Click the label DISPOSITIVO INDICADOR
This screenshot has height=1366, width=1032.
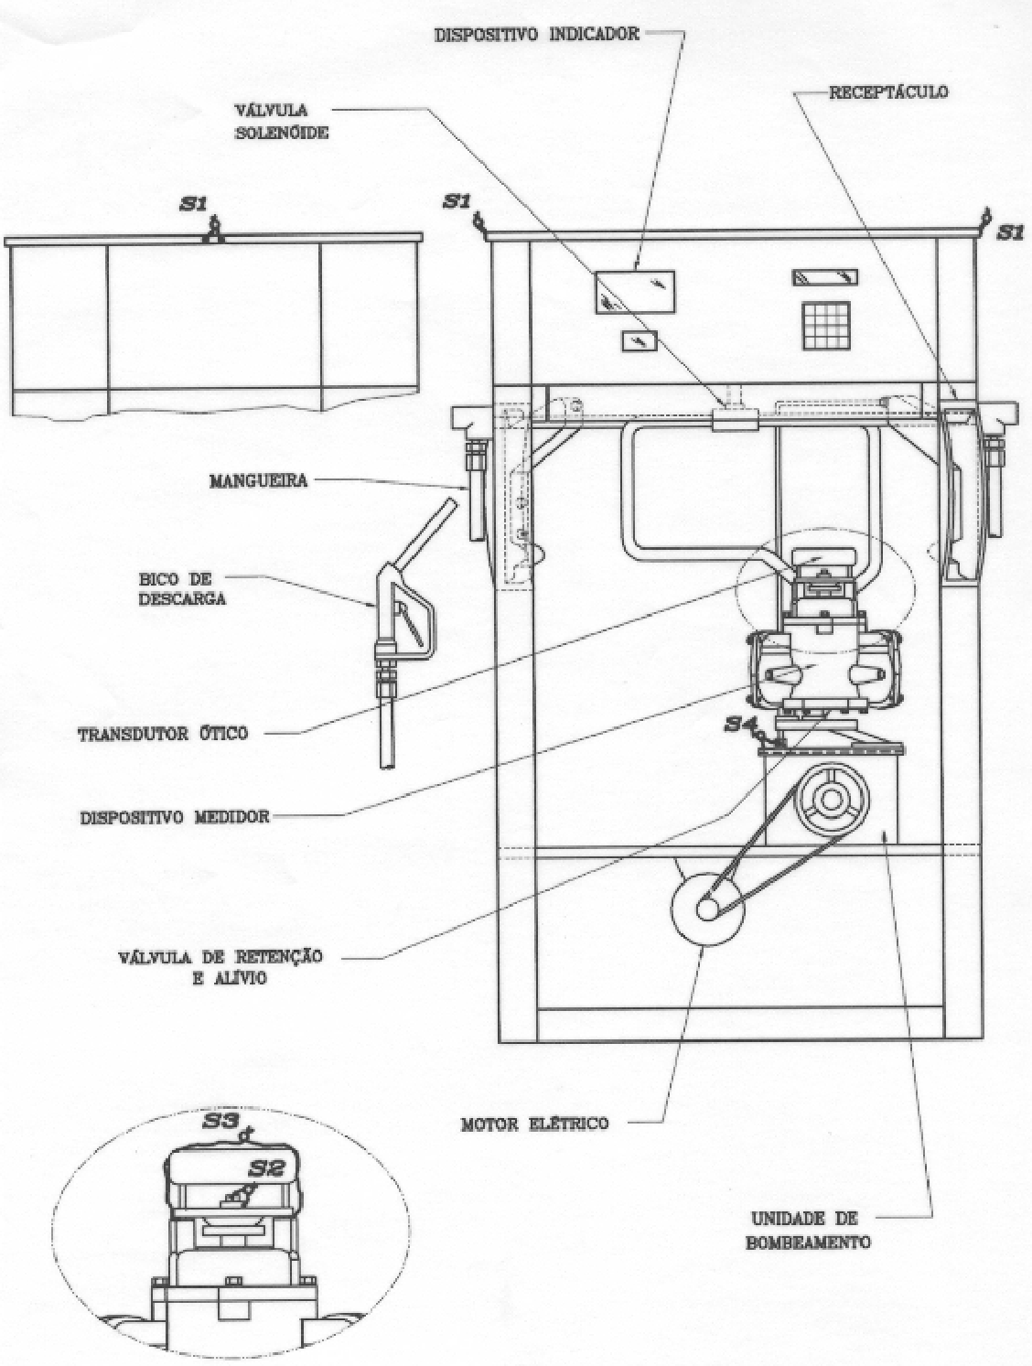click(x=537, y=34)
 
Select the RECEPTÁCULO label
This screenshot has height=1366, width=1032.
click(x=888, y=92)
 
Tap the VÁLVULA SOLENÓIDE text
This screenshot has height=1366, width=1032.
click(x=282, y=122)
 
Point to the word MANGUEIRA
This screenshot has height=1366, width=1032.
click(x=258, y=481)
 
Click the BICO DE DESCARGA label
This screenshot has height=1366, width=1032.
click(x=182, y=588)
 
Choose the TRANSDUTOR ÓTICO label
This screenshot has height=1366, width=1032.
click(x=163, y=734)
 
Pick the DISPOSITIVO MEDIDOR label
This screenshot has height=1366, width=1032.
click(x=175, y=817)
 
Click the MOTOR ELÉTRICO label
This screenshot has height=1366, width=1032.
click(x=534, y=1124)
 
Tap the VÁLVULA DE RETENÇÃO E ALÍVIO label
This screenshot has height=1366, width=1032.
click(x=220, y=966)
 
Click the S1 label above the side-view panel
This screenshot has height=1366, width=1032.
click(x=193, y=204)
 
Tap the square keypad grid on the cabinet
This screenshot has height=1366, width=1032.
click(x=826, y=326)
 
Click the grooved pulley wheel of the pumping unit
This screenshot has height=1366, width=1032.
click(x=832, y=801)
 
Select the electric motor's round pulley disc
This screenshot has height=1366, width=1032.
click(x=707, y=909)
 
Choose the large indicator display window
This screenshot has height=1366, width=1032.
click(x=635, y=292)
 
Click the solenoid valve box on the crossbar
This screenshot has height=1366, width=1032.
click(x=734, y=419)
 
